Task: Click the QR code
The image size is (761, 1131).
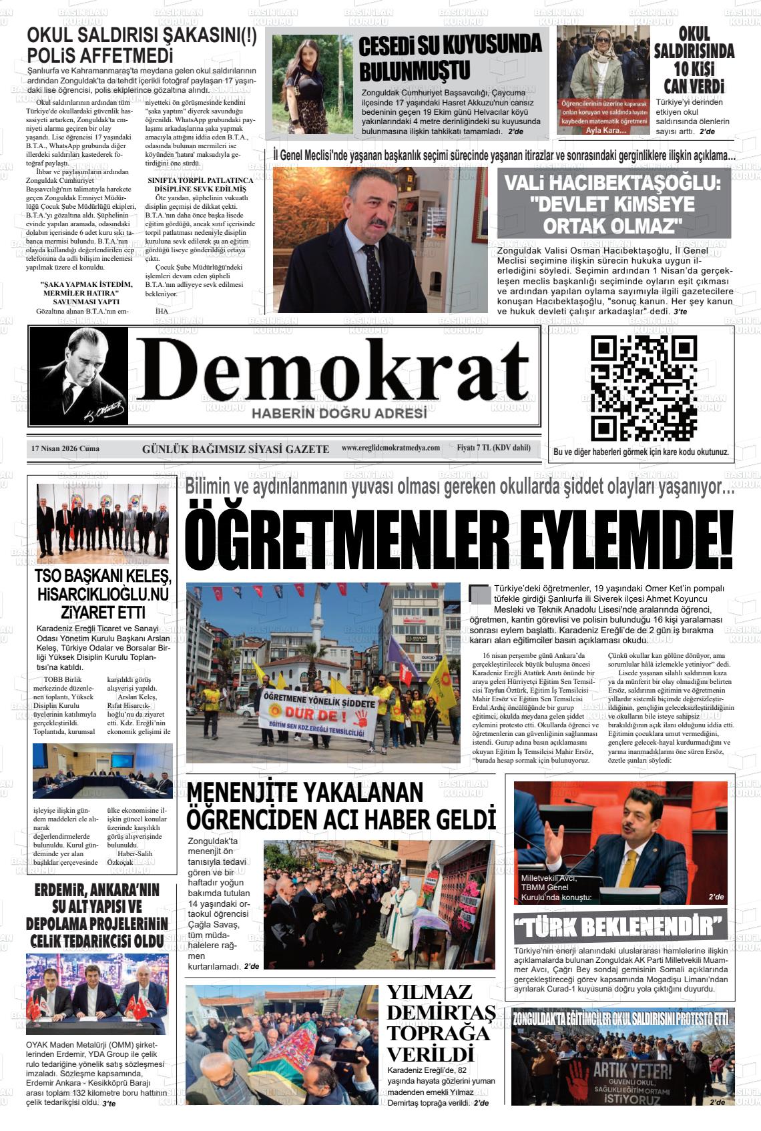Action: coord(644,388)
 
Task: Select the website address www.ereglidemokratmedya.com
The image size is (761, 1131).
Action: coord(391,448)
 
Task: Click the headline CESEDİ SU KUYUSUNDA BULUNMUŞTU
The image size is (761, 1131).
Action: coord(450,57)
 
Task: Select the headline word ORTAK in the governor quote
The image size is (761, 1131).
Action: coord(578,226)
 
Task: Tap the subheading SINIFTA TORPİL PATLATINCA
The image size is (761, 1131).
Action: coord(200,180)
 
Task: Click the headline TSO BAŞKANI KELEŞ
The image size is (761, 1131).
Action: coord(103,577)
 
